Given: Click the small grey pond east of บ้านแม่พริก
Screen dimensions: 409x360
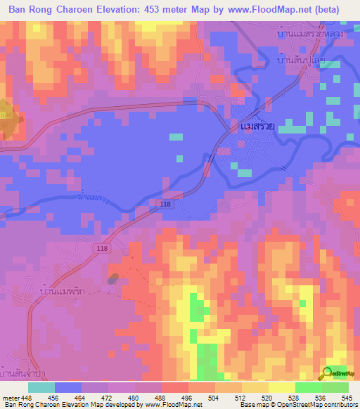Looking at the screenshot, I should pos(112,280).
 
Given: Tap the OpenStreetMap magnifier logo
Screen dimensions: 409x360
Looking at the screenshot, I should pos(328,373).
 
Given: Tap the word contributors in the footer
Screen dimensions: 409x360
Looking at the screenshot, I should pos(340,405).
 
